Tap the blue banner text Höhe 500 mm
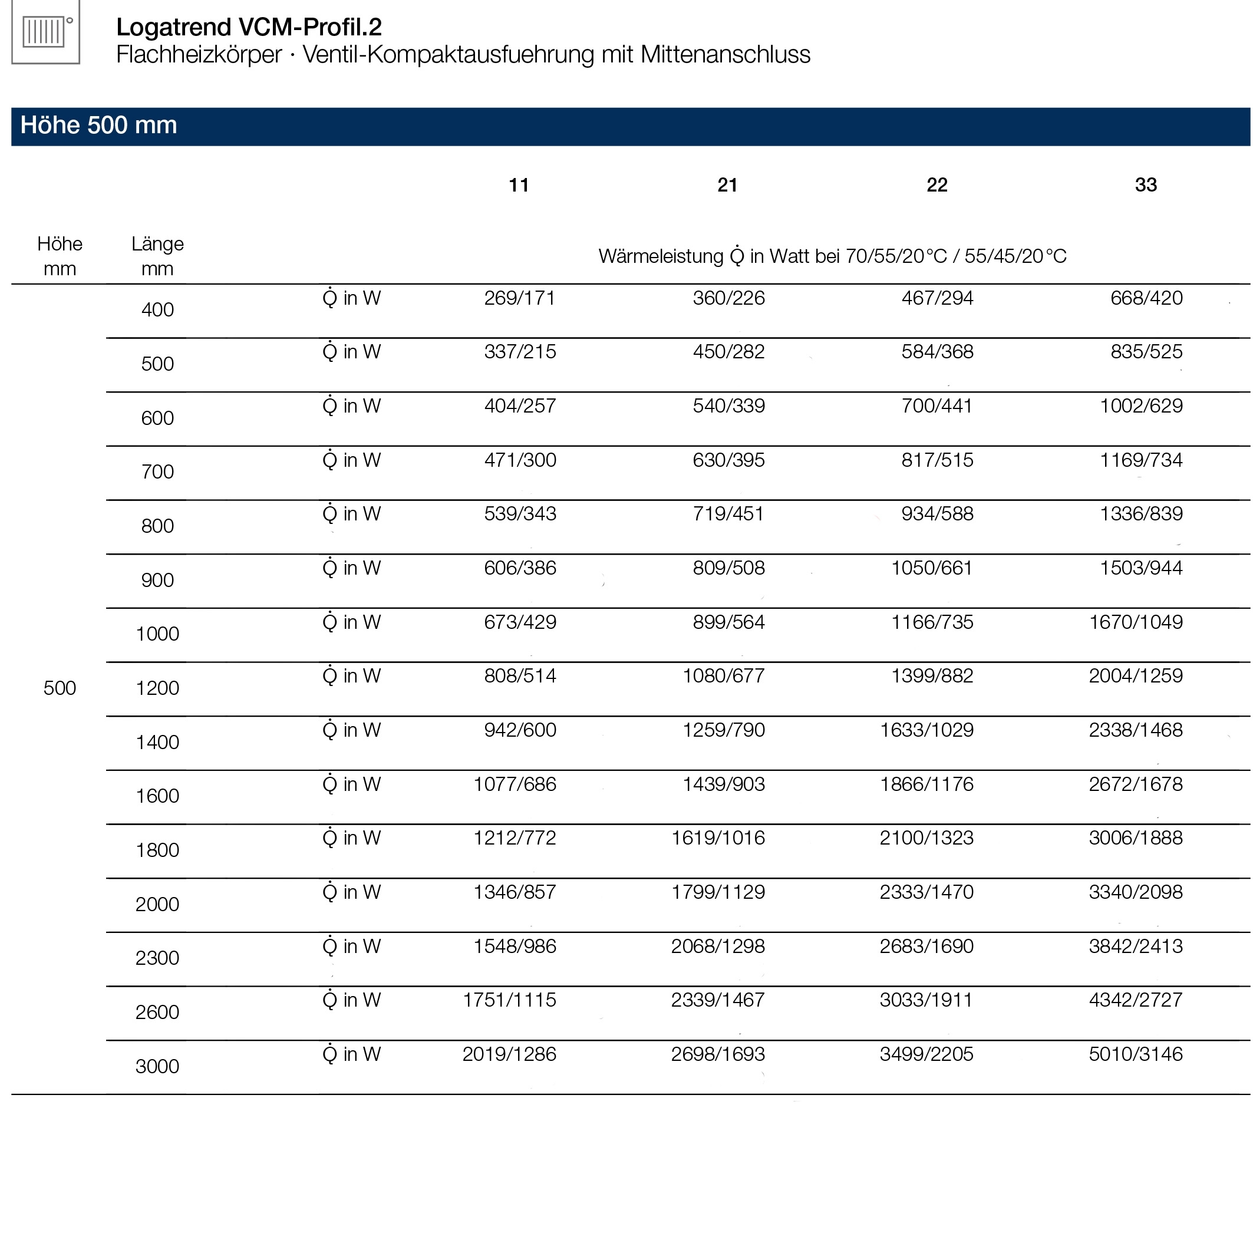[x=98, y=125]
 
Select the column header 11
[x=518, y=186]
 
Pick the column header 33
[x=1145, y=186]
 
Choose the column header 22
[x=937, y=186]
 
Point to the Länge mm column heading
[x=157, y=256]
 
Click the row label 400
[x=157, y=310]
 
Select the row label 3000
[x=157, y=1066]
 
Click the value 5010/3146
[x=1135, y=1054]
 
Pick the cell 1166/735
[x=932, y=622]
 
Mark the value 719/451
[x=728, y=514]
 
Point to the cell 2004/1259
[x=1135, y=676]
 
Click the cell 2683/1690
[x=926, y=947]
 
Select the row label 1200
[x=157, y=688]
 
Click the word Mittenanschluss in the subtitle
[x=725, y=54]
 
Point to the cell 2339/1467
[x=717, y=1000]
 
